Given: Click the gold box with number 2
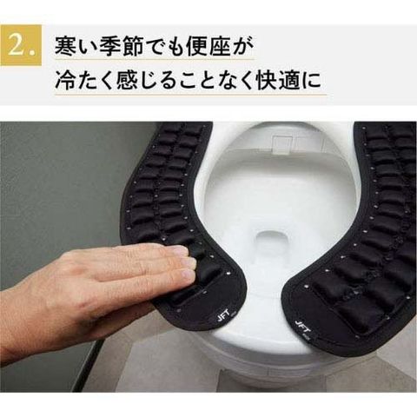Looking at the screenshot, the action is (x=21, y=46).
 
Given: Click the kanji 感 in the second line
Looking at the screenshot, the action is (x=125, y=79).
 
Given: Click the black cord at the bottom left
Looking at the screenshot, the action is (x=87, y=365).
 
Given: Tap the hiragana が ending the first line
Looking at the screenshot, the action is (x=242, y=46).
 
